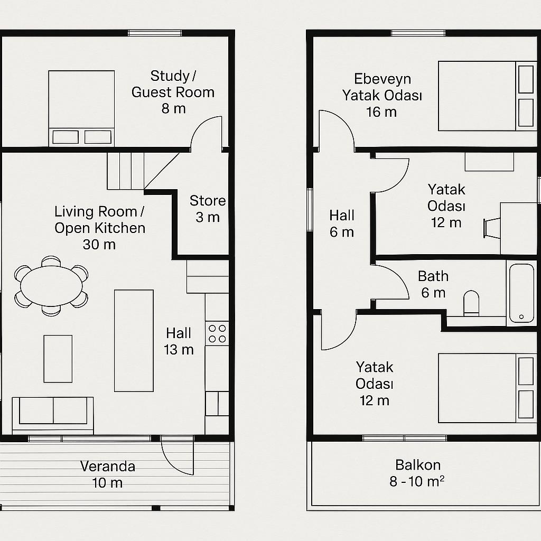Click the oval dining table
(51, 286)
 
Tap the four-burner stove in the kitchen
(217, 333)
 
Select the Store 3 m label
(208, 209)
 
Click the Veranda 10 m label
(108, 474)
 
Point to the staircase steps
(125, 171)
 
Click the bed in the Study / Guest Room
(81, 109)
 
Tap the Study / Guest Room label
(173, 92)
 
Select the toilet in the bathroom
(471, 303)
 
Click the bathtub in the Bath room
(521, 293)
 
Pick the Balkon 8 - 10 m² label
(417, 473)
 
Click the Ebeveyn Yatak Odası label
(383, 95)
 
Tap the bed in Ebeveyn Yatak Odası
(488, 96)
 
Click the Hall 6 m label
(342, 223)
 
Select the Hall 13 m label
(179, 341)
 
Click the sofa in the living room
(53, 415)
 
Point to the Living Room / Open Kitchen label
(100, 228)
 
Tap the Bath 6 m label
(433, 284)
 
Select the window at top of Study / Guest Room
(155, 33)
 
